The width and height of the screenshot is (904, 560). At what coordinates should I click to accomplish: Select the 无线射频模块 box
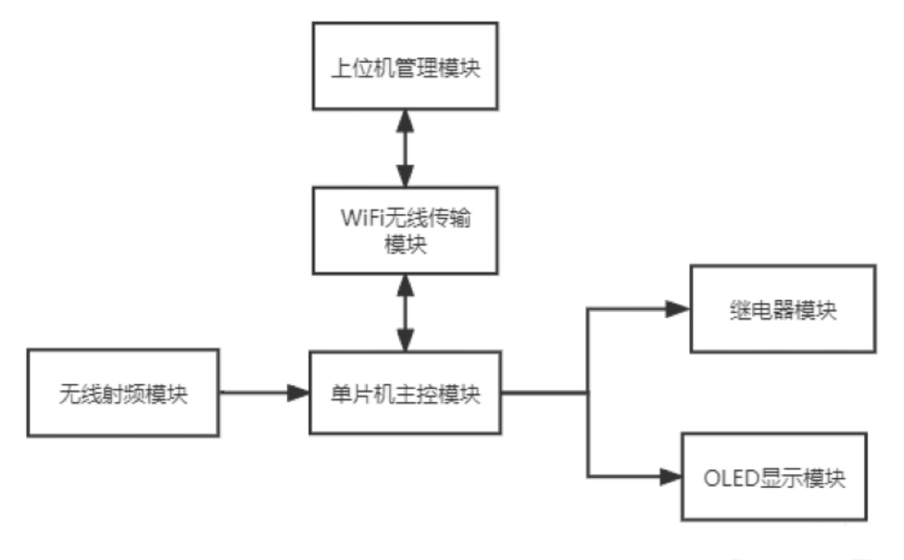124,392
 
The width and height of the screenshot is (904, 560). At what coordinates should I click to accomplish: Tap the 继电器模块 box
783,309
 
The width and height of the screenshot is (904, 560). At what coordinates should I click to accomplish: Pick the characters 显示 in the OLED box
782,479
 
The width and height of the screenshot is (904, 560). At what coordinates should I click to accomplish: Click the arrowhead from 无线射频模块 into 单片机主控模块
298,392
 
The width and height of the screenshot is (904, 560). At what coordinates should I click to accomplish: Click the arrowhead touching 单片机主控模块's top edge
405,340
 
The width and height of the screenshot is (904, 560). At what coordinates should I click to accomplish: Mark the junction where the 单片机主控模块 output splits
587,392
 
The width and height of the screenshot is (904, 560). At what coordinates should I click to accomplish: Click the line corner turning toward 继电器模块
587,309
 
